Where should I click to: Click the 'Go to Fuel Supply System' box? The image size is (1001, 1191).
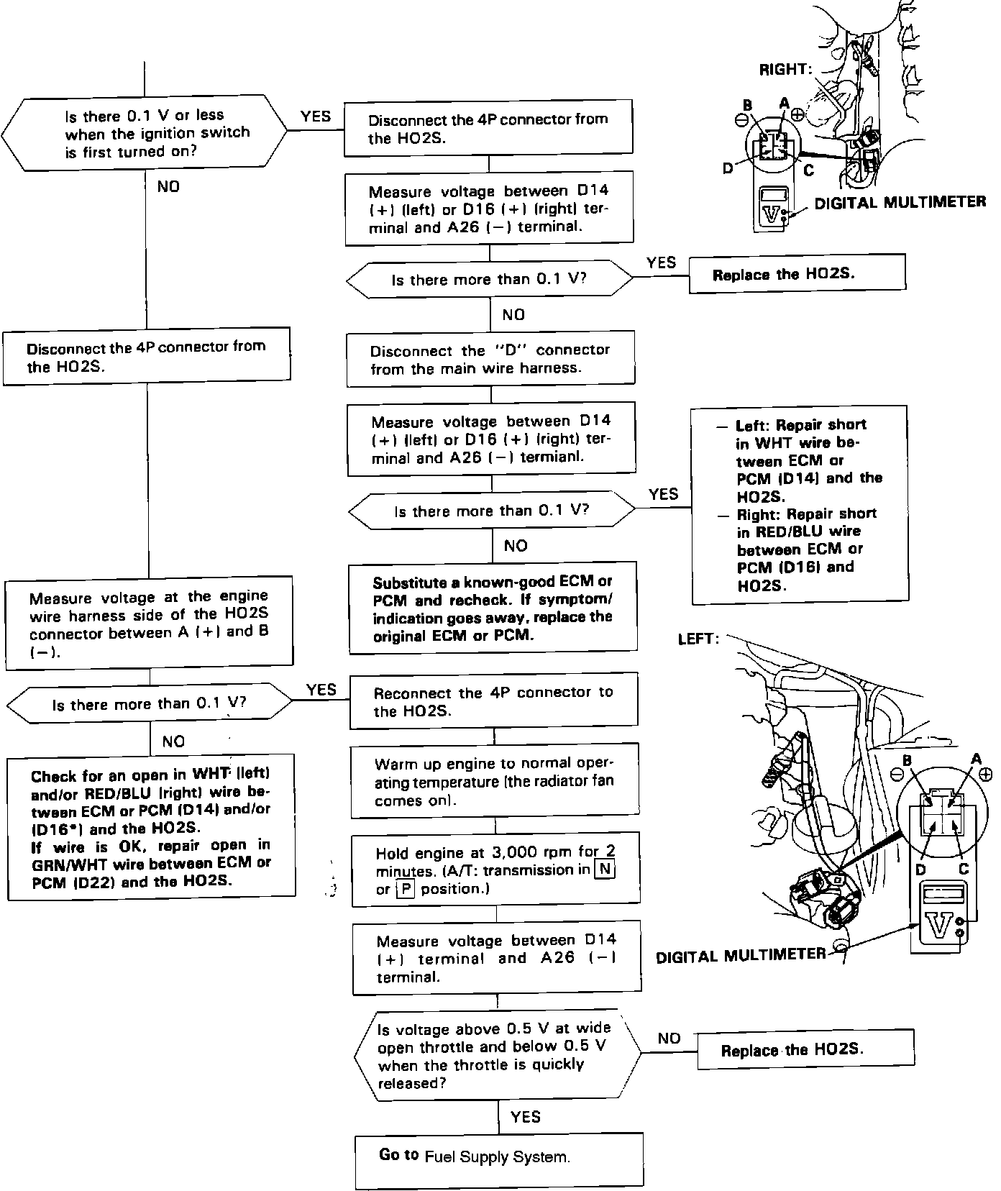498,1160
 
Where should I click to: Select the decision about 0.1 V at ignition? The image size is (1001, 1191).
144,134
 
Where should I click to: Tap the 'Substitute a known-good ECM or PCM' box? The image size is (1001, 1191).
493,608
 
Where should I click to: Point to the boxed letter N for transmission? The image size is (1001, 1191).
605,869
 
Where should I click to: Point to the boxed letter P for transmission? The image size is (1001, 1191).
406,888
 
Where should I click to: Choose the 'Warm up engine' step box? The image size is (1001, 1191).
494,782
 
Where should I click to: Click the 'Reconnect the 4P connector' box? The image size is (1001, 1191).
493,701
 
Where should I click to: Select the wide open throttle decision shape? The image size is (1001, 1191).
497,1056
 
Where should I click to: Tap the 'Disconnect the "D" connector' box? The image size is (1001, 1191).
490,358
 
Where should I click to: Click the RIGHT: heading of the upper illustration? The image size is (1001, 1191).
785,69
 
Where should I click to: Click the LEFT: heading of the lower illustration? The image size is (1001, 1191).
698,639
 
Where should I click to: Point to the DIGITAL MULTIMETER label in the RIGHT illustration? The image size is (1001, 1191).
900,202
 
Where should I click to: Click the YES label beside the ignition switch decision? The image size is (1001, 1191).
316,116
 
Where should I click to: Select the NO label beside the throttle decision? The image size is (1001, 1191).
669,1038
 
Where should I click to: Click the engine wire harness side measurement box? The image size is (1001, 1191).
149,624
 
